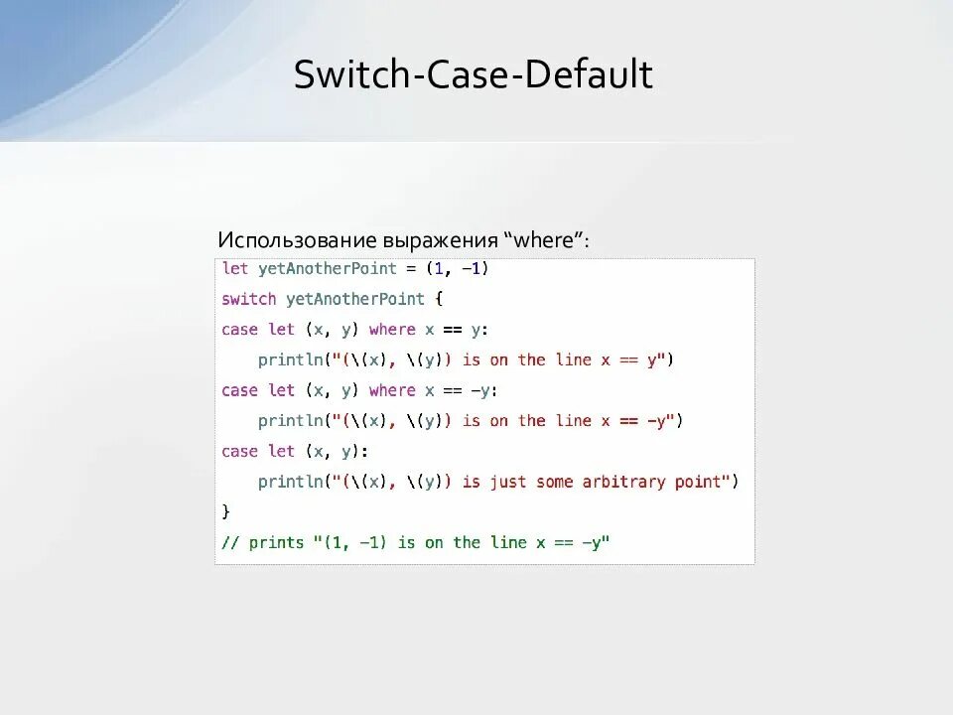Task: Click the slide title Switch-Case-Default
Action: tap(473, 75)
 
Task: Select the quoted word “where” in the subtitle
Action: tap(546, 241)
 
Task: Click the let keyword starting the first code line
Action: tap(235, 268)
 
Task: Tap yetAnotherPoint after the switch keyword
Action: tap(354, 299)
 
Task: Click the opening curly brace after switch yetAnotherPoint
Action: tap(439, 299)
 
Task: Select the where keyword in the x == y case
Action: tap(392, 330)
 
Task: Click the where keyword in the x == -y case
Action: tap(392, 390)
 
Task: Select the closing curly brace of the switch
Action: tap(226, 511)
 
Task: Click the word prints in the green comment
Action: tap(276, 542)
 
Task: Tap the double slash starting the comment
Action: tap(230, 542)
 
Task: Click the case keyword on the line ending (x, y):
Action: tap(239, 451)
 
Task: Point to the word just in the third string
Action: tap(507, 482)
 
